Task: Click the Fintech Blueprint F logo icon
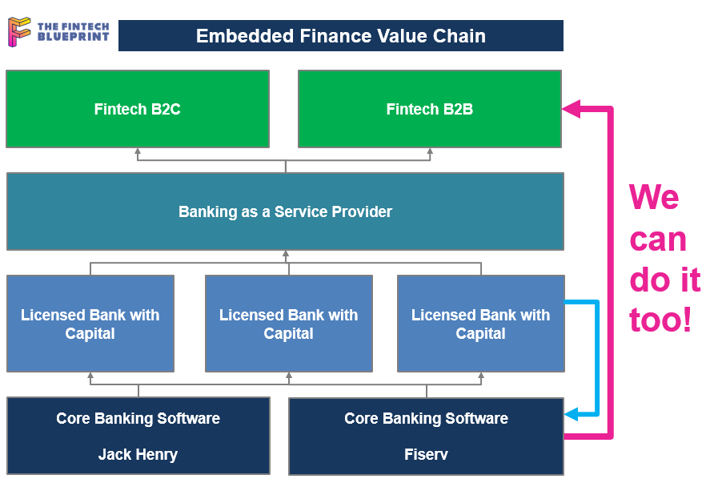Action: pos(19,31)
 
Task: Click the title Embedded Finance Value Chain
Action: pos(341,36)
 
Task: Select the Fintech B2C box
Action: pos(138,109)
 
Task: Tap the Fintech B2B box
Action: pos(430,109)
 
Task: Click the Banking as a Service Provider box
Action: pos(285,211)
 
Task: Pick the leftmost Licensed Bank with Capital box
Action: pos(90,324)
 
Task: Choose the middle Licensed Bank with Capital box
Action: pos(288,324)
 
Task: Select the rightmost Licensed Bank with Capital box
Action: pos(481,324)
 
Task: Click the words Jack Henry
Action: pos(138,454)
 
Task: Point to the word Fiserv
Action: pos(426,454)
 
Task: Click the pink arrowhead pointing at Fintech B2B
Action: pos(571,109)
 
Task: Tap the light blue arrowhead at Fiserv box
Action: pos(572,415)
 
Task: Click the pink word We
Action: pos(654,197)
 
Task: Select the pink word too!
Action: pos(660,320)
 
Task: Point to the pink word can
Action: pos(658,239)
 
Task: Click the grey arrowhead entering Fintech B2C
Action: pos(138,151)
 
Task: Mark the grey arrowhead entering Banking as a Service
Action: pos(286,254)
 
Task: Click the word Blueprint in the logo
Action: pos(74,37)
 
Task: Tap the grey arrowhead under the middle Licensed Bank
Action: pos(289,376)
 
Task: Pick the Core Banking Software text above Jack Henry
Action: pos(138,419)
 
